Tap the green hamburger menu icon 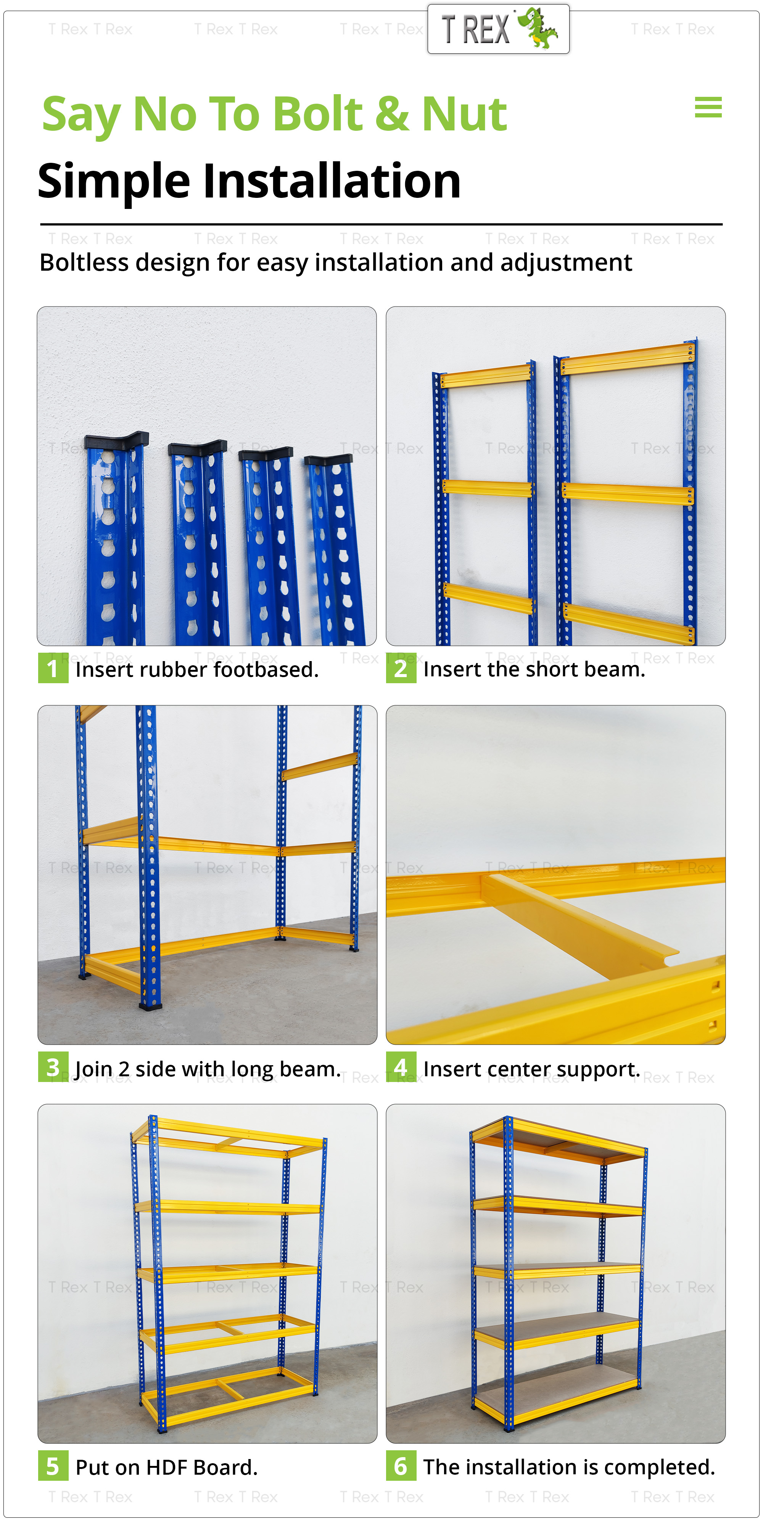point(708,107)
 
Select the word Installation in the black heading point(332,181)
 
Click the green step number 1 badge point(53,668)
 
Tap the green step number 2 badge point(401,668)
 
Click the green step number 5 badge point(53,1466)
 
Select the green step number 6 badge point(401,1466)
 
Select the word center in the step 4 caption point(512,1069)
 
